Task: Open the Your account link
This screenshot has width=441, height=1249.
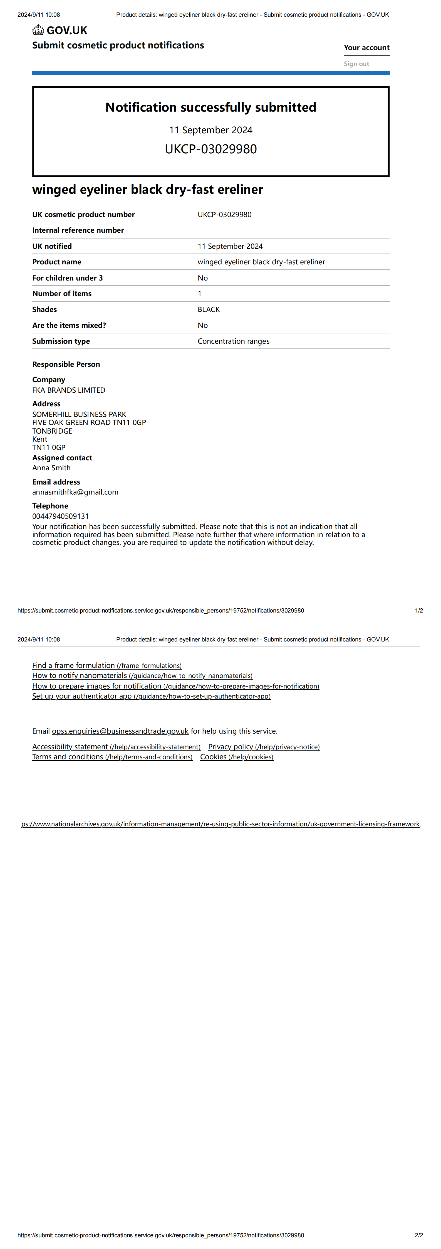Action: click(x=366, y=48)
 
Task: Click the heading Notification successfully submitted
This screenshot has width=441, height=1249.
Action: click(x=211, y=107)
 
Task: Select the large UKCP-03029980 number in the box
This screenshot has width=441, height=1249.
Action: click(x=211, y=149)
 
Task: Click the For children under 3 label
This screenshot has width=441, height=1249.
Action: click(x=67, y=278)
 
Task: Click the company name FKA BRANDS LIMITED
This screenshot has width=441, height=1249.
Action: click(x=69, y=390)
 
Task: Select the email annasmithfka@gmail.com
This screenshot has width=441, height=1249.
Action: click(x=75, y=492)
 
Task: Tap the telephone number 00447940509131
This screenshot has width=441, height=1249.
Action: click(x=61, y=516)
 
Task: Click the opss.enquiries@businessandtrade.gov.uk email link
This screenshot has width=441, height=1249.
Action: click(x=120, y=731)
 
